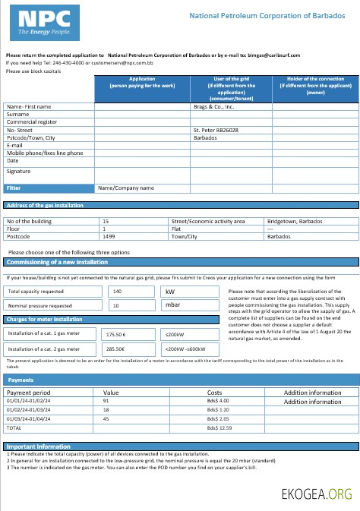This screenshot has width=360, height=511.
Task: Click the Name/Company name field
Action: click(126, 188)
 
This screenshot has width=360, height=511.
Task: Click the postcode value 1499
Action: click(109, 235)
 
